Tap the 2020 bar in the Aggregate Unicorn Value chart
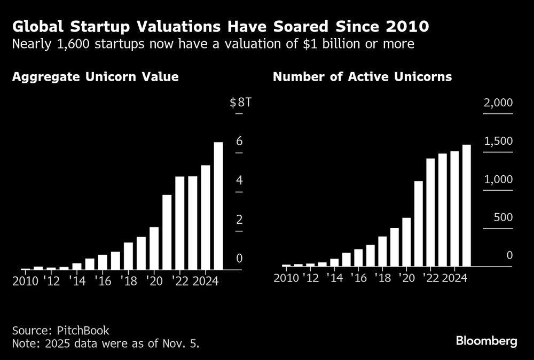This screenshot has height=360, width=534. (154, 248)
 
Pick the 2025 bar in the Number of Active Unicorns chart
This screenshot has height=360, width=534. (466, 205)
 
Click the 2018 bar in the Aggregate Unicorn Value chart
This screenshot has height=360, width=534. (128, 256)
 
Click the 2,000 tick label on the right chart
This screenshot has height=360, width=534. (498, 103)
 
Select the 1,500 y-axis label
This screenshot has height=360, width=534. (498, 141)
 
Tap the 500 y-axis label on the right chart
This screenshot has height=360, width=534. (501, 217)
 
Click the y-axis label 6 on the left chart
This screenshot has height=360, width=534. (239, 141)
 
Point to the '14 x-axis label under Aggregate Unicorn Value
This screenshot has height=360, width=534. (77, 281)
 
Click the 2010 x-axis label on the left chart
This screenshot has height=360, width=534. (25, 281)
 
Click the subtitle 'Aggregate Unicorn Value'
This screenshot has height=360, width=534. (95, 77)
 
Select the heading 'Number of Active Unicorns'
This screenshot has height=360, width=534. (362, 77)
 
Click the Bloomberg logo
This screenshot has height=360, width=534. (486, 341)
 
